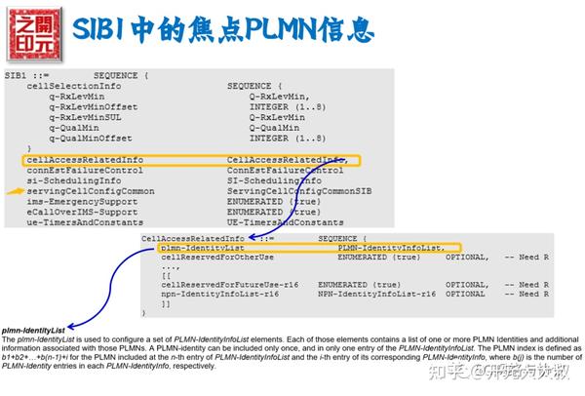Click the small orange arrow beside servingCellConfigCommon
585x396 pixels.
tap(13, 191)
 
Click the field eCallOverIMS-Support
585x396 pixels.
tap(83, 212)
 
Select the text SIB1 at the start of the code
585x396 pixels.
tap(15, 75)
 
